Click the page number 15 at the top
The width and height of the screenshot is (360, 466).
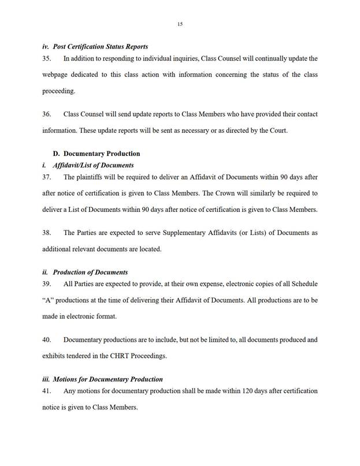[x=180, y=24]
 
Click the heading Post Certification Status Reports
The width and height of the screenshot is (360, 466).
[x=100, y=46]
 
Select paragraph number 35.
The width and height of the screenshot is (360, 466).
[x=47, y=58]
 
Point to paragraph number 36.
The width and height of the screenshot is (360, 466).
[x=47, y=114]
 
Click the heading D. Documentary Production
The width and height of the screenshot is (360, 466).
[x=97, y=154]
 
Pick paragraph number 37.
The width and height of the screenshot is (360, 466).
[x=47, y=177]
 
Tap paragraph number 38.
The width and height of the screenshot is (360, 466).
[x=47, y=233]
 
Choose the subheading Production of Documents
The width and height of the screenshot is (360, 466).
[x=90, y=272]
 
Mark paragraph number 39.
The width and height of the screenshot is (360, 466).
[x=47, y=284]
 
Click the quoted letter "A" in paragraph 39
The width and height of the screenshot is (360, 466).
[x=49, y=300]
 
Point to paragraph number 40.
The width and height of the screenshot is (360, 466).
[x=47, y=340]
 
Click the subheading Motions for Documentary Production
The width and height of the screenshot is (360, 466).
[x=107, y=379]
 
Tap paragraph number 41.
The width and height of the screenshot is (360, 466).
[x=47, y=391]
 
